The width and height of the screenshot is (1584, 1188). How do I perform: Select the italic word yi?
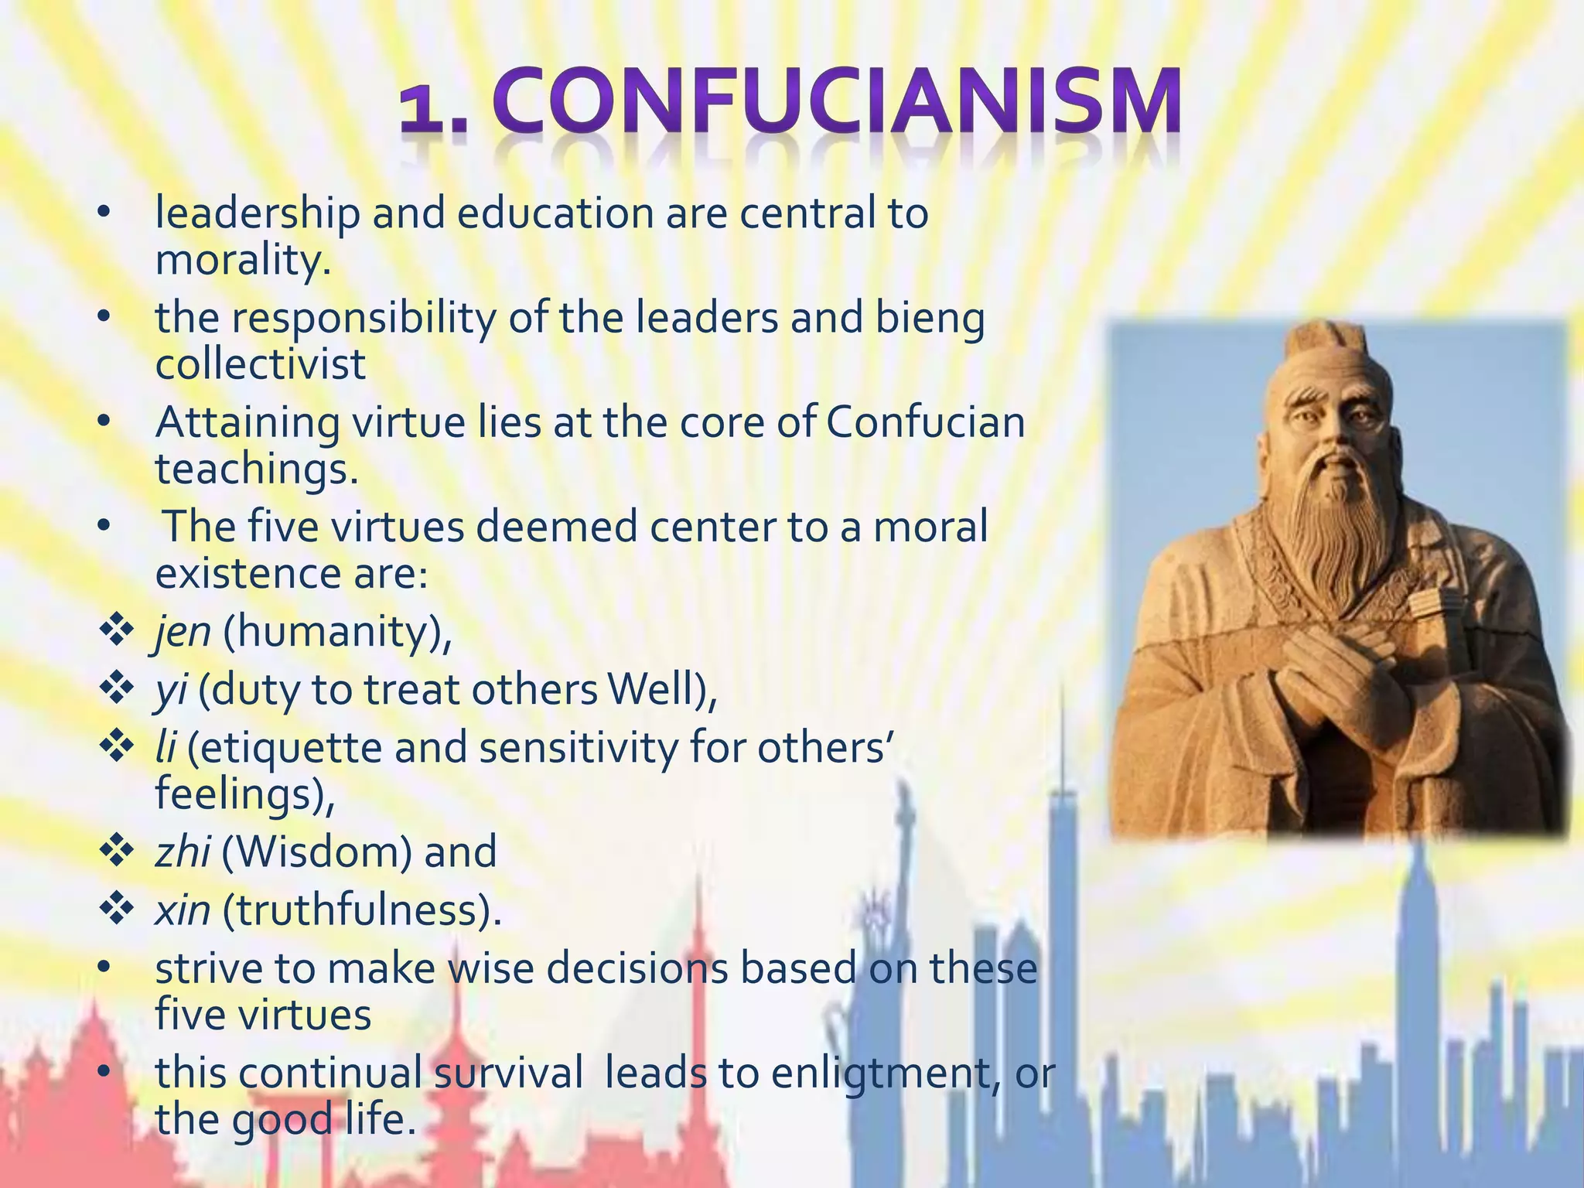click(170, 691)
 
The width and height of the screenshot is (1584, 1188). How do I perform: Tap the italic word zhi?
click(183, 852)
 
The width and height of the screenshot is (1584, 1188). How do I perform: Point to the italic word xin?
click(183, 910)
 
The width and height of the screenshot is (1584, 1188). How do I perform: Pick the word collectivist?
click(261, 364)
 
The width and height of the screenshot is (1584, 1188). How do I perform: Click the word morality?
click(243, 260)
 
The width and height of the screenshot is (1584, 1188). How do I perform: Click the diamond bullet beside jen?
click(116, 630)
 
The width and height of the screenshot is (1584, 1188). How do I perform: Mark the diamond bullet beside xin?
click(116, 909)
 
